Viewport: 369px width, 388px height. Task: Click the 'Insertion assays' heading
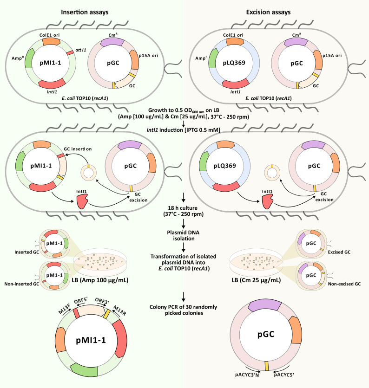(x=85, y=12)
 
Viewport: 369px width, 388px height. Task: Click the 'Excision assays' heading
(x=269, y=12)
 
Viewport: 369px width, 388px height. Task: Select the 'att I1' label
(x=81, y=50)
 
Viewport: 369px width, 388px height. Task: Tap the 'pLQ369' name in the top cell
(x=234, y=63)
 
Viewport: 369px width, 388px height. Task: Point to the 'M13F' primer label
(x=65, y=309)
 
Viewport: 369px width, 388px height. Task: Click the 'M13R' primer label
(x=119, y=310)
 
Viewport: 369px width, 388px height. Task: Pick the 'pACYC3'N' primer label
(x=247, y=375)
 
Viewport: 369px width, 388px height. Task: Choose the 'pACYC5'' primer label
(x=284, y=375)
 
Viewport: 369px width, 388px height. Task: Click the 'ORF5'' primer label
(x=81, y=302)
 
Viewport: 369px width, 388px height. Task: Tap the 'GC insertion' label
(x=78, y=149)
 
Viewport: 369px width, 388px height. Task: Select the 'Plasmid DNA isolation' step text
(x=184, y=236)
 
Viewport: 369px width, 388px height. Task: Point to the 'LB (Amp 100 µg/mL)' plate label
(x=100, y=280)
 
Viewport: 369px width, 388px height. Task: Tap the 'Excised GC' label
(x=339, y=252)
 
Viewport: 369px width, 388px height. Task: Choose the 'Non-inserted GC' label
(x=22, y=284)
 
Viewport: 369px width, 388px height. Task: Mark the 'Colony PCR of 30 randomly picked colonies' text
(x=184, y=310)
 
